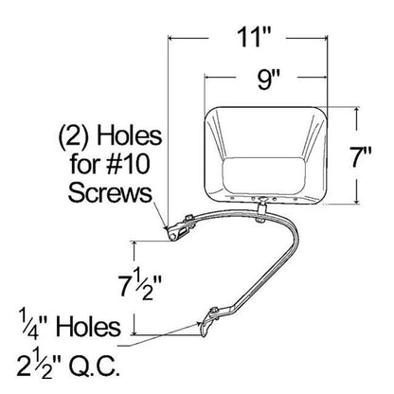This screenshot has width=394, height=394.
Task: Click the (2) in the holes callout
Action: coord(73,137)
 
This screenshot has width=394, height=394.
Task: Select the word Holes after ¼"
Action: coord(88,327)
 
